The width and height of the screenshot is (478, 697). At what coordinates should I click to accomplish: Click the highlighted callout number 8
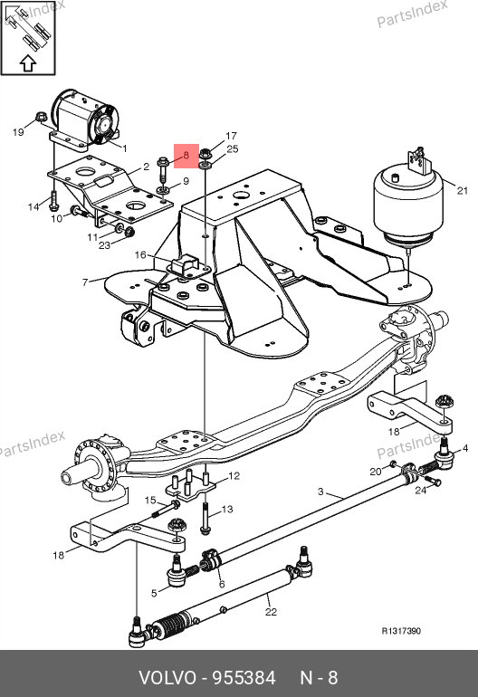pyautogui.click(x=186, y=155)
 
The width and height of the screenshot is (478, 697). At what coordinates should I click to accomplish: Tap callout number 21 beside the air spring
pyautogui.click(x=463, y=190)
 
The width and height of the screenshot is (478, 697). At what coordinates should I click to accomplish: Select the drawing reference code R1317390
pyautogui.click(x=401, y=631)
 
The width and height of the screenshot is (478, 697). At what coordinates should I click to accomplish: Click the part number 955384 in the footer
pyautogui.click(x=244, y=678)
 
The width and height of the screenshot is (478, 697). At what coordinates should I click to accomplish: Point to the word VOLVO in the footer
pyautogui.click(x=167, y=678)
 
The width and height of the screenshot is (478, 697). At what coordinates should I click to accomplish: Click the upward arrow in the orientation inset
pyautogui.click(x=28, y=62)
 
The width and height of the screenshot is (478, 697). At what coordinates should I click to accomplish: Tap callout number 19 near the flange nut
pyautogui.click(x=18, y=132)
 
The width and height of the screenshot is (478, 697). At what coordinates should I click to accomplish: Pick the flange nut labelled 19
pyautogui.click(x=41, y=118)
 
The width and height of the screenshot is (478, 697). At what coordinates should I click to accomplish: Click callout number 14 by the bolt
pyautogui.click(x=33, y=206)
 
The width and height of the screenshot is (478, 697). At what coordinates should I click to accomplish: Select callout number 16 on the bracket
pyautogui.click(x=140, y=254)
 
